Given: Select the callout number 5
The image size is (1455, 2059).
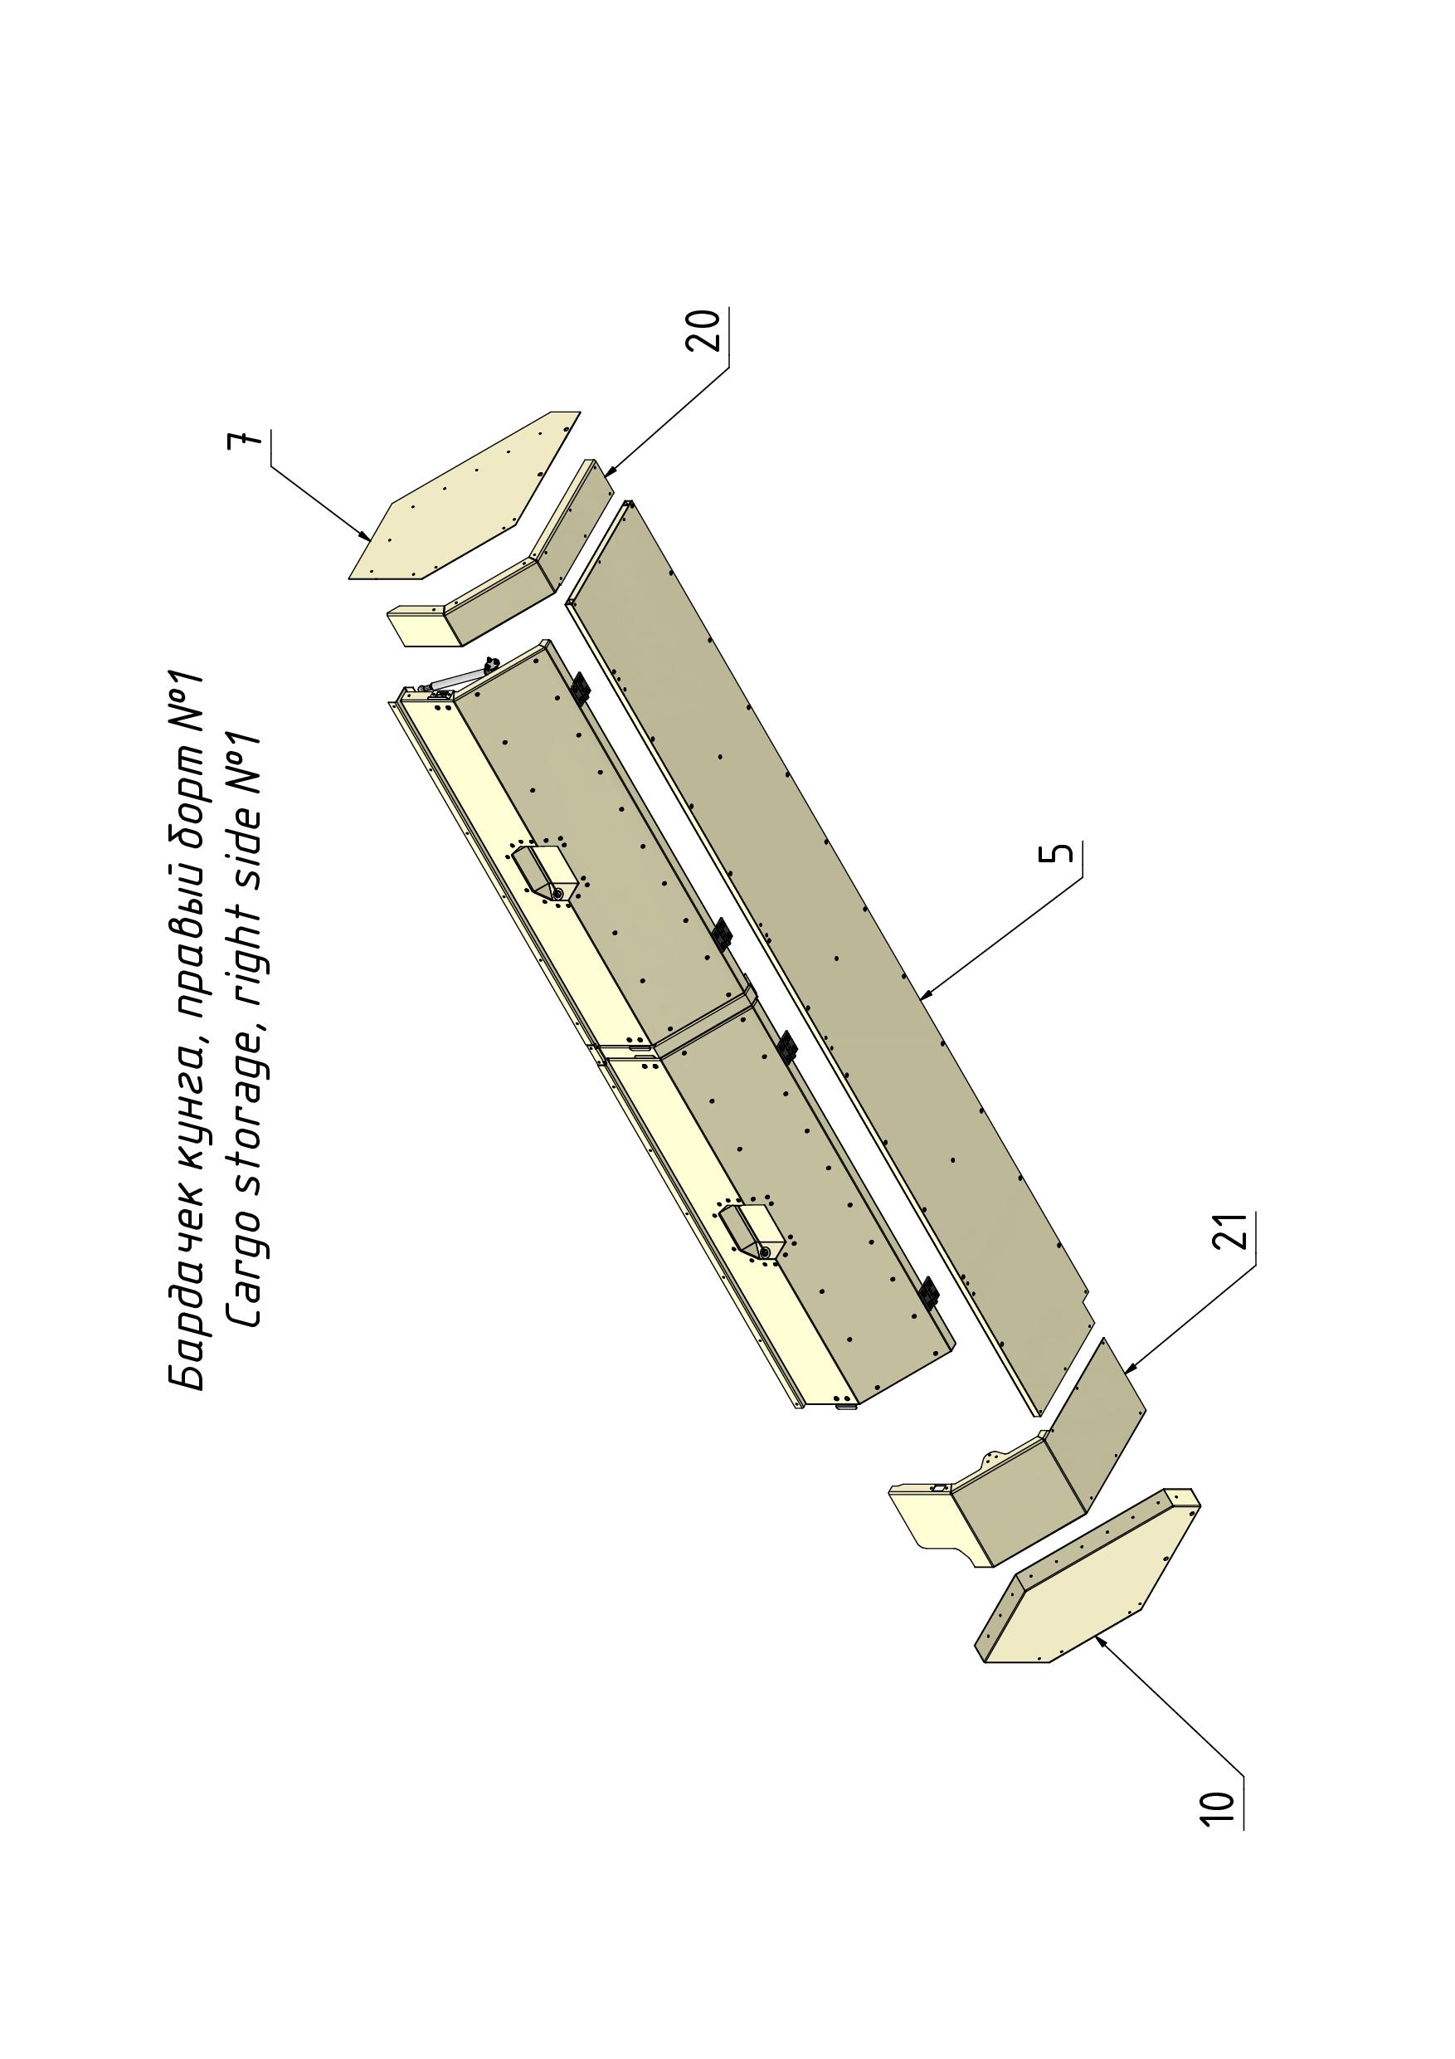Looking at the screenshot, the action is (x=1059, y=851).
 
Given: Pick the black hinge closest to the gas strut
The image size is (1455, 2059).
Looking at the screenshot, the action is (x=581, y=689).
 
